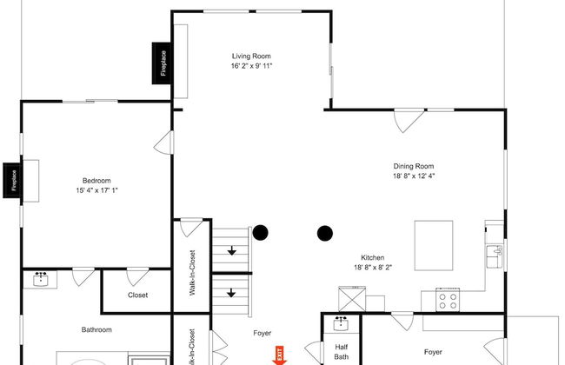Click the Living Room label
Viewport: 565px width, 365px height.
(x=251, y=56)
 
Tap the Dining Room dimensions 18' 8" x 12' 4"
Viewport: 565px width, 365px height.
(x=414, y=176)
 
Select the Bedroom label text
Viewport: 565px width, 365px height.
(x=96, y=181)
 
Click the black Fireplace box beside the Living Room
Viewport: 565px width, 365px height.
(x=163, y=63)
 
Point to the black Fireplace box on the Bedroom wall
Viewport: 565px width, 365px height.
(x=13, y=180)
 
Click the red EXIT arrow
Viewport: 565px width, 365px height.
(x=279, y=355)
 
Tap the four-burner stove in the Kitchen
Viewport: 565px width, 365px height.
(x=448, y=300)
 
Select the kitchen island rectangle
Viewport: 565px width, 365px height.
(x=434, y=245)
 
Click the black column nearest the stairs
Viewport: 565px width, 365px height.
(x=260, y=233)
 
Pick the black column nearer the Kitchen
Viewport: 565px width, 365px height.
(x=325, y=234)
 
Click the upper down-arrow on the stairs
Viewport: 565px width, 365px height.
(x=232, y=250)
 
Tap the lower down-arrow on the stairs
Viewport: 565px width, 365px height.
(x=231, y=293)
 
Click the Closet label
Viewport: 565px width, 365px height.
(x=137, y=295)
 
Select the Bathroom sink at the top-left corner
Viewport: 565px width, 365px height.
(x=40, y=279)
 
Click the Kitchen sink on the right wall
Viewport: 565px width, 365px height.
(x=495, y=256)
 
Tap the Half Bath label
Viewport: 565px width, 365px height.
(x=342, y=352)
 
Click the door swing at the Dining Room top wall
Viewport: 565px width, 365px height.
(x=409, y=121)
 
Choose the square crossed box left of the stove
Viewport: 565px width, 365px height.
(x=352, y=299)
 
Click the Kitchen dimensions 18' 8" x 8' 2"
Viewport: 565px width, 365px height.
(x=373, y=268)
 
